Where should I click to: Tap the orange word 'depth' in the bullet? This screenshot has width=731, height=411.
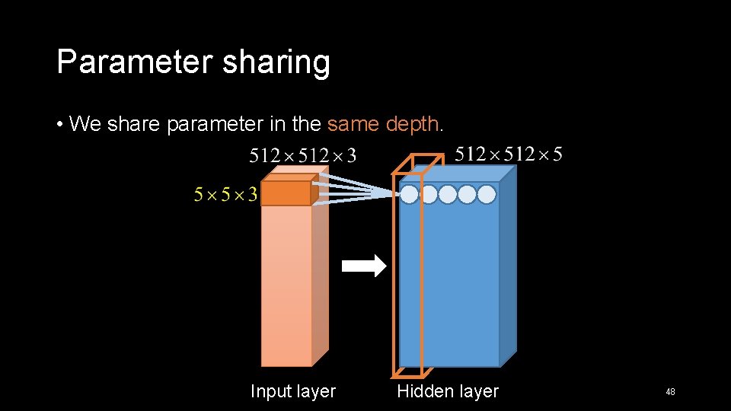click(x=413, y=123)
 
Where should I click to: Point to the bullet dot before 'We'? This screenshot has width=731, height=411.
click(x=59, y=123)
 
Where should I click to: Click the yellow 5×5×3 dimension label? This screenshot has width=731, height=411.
click(x=225, y=196)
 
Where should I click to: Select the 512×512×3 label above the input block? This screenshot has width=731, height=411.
click(x=302, y=156)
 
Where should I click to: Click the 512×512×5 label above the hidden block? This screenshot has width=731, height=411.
click(x=509, y=155)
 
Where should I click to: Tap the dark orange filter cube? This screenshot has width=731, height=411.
click(x=286, y=193)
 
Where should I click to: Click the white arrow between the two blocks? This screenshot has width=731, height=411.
click(x=364, y=266)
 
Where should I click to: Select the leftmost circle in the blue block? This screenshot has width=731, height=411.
click(x=410, y=195)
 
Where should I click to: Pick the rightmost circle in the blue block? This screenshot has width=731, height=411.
click(x=487, y=195)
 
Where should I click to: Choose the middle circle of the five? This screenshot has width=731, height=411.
click(x=448, y=195)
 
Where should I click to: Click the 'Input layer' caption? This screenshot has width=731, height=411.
click(x=293, y=391)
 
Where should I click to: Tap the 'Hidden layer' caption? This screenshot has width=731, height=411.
click(x=448, y=391)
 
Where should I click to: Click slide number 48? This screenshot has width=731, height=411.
click(x=670, y=392)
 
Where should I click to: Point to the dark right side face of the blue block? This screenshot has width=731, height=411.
click(x=508, y=266)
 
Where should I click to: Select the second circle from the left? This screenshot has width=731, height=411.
click(x=429, y=195)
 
